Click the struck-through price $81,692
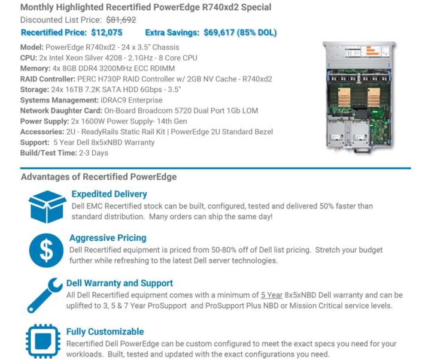point(121,20)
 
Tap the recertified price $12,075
point(107,32)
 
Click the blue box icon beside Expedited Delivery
point(47,207)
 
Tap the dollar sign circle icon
point(46,250)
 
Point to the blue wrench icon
point(45,295)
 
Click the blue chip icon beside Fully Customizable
point(43,341)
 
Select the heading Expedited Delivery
point(109,194)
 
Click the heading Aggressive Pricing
point(108,238)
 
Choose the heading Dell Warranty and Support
point(120,283)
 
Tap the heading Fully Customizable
point(105,332)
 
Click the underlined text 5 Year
point(272,295)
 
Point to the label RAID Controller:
point(47,79)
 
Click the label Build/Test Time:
point(48,153)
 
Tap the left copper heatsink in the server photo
point(344,97)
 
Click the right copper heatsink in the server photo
point(374,97)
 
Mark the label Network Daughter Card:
point(61,111)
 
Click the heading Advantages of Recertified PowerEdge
point(99,177)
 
